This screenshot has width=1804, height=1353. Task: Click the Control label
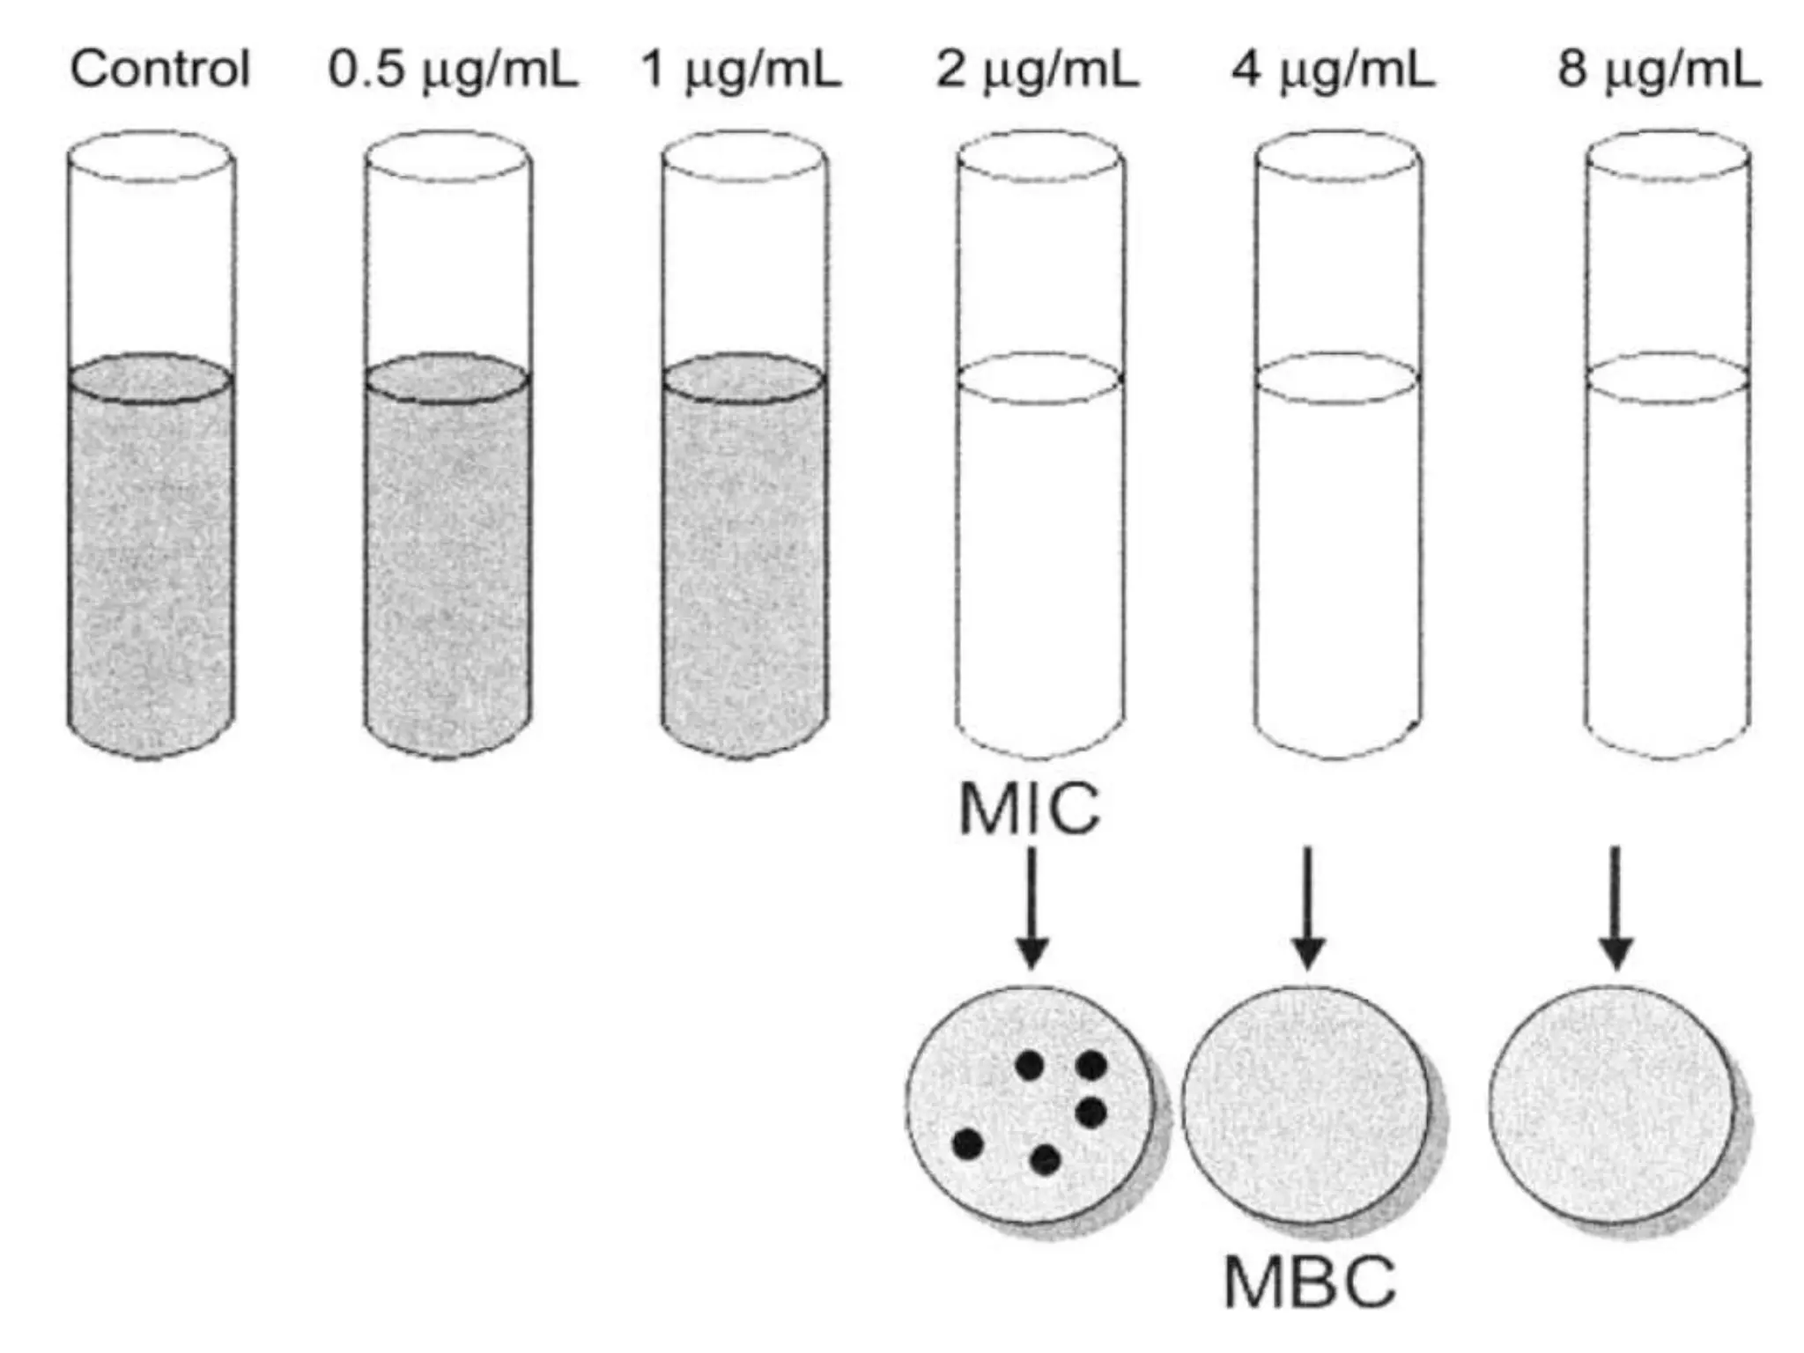[160, 69]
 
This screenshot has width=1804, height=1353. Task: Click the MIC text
[1029, 809]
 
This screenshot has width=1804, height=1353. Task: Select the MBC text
[1309, 1283]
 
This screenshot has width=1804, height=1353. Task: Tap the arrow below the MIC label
[1031, 907]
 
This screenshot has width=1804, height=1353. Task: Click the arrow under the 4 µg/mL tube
[1308, 907]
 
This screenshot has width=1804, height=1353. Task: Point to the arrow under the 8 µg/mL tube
[1615, 907]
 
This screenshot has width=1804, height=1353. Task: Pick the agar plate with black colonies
[1029, 1105]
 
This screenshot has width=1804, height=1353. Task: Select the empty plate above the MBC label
[1305, 1105]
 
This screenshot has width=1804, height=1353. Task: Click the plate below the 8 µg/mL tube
[1612, 1105]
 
